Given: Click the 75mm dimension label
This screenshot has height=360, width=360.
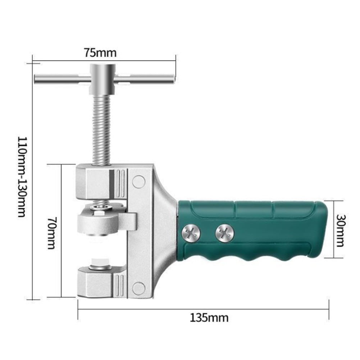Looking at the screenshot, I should [x=100, y=53].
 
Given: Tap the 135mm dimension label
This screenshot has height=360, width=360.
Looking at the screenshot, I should [x=209, y=318].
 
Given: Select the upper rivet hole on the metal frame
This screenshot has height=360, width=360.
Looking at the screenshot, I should [x=138, y=181].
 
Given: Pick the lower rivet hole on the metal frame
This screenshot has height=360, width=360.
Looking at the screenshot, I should [x=138, y=288].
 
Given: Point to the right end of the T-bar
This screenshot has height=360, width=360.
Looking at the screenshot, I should [x=169, y=78].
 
